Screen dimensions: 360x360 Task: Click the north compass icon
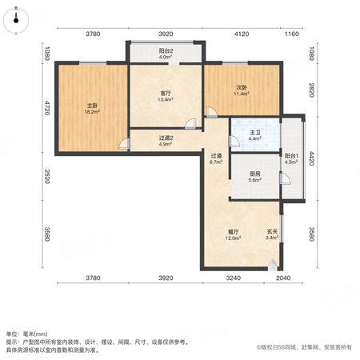(x=16, y=21)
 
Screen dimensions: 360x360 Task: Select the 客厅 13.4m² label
(x=166, y=97)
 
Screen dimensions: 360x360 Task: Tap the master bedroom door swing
(x=124, y=144)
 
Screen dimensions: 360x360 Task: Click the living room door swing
(x=190, y=124)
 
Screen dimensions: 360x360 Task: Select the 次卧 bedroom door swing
(x=211, y=112)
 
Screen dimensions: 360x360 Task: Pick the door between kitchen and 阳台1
(x=285, y=179)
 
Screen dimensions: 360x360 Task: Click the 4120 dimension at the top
(x=242, y=34)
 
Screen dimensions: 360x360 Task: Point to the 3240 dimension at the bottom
(x=234, y=278)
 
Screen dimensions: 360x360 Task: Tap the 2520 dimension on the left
(x=47, y=176)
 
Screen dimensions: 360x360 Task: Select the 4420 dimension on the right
(x=311, y=158)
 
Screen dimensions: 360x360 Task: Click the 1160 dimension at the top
(x=292, y=34)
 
